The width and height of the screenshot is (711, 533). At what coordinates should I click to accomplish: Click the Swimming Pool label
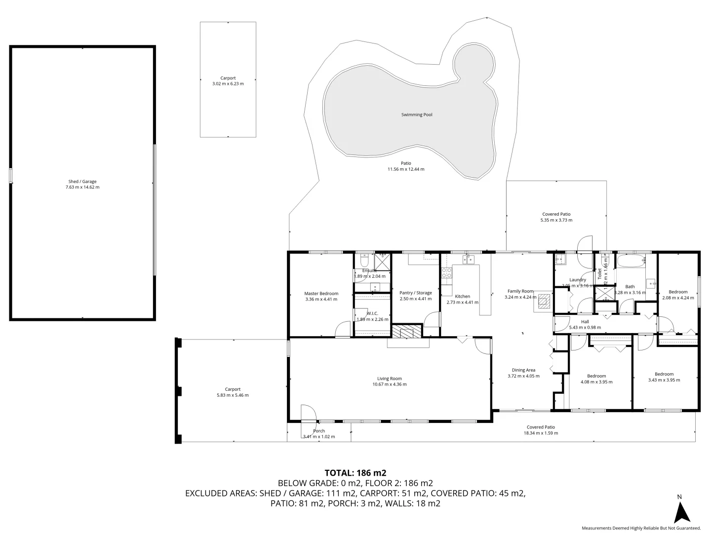pyautogui.click(x=416, y=114)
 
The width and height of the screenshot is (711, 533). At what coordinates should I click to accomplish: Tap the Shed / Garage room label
pyautogui.click(x=82, y=182)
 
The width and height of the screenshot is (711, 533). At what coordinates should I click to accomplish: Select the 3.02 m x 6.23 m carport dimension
pyautogui.click(x=228, y=84)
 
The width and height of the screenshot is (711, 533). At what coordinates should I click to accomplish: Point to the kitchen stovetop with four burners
pyautogui.click(x=446, y=273)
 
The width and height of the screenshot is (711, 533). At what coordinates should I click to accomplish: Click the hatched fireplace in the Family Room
pyautogui.click(x=544, y=301)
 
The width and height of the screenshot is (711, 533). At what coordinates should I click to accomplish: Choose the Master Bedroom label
pyautogui.click(x=321, y=294)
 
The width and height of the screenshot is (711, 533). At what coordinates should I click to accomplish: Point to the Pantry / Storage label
pyautogui.click(x=415, y=293)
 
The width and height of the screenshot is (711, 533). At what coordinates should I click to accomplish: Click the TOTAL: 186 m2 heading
pyautogui.click(x=355, y=473)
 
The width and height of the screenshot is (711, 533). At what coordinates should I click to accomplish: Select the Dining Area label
pyautogui.click(x=523, y=370)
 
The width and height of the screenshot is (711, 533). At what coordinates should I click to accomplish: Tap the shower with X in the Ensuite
pyautogui.click(x=382, y=260)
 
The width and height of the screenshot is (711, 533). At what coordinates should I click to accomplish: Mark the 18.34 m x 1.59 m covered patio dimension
pyautogui.click(x=541, y=433)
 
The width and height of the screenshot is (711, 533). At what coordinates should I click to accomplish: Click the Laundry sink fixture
pyautogui.click(x=560, y=260)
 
